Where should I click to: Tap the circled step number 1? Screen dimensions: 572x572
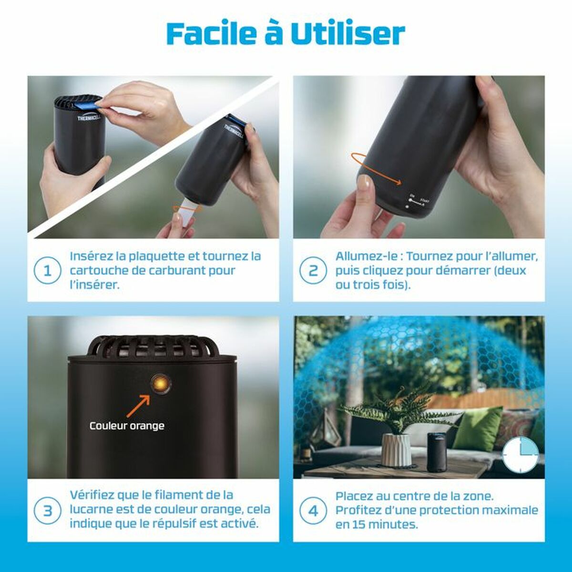(48, 270)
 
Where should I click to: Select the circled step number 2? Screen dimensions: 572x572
(313, 270)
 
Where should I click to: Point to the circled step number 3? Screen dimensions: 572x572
(48, 511)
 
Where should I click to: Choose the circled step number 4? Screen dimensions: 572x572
(313, 511)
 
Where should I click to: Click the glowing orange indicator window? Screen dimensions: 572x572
(161, 384)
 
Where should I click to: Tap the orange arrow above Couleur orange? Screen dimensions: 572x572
(138, 406)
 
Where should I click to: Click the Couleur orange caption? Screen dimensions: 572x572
(127, 426)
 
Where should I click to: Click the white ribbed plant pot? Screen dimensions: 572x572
(396, 449)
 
